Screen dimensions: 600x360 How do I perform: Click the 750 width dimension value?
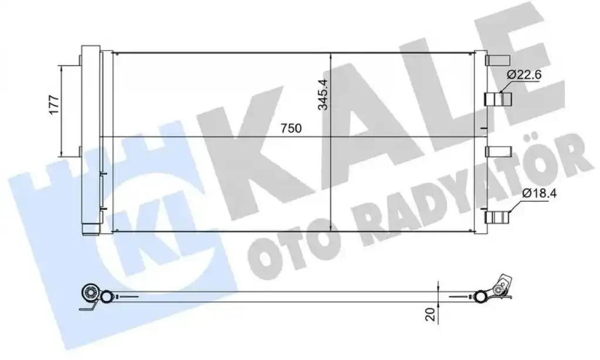(291, 128)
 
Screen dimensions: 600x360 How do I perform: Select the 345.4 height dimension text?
(323, 94)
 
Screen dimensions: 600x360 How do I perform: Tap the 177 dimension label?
(54, 104)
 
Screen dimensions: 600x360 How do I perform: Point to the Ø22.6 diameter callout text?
(524, 74)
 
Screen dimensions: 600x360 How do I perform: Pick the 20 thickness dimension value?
(431, 314)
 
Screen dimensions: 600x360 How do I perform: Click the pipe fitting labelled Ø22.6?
(498, 99)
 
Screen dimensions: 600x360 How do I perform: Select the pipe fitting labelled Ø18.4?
(498, 218)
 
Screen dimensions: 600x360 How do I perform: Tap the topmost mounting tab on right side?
(498, 60)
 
